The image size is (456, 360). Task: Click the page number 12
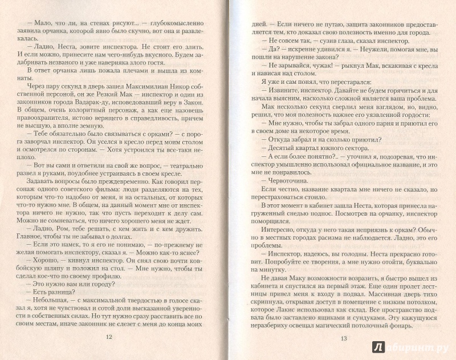pos(109,337)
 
